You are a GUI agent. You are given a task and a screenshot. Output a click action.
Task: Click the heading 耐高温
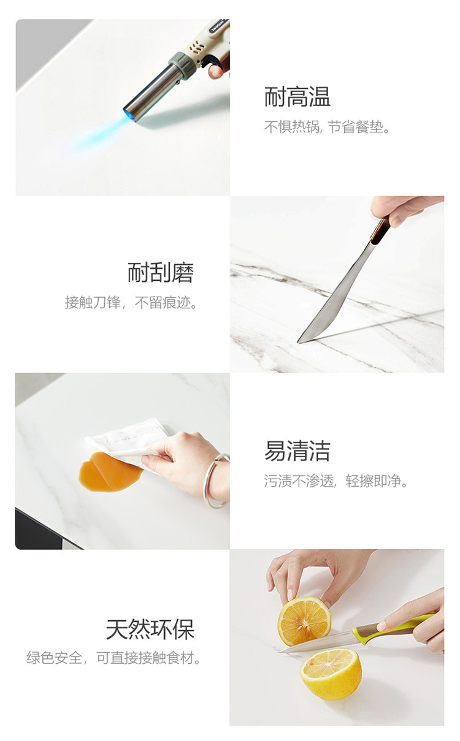coord(297,97)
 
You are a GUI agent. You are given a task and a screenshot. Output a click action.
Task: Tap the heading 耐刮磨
coord(161,273)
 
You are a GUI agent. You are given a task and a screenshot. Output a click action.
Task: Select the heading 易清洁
coord(297,450)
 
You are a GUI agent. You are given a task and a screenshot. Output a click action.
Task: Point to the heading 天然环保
coord(150,629)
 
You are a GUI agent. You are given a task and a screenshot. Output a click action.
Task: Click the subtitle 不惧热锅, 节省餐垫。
coord(327,127)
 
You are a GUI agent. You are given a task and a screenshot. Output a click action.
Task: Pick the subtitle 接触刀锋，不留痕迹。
coord(131,302)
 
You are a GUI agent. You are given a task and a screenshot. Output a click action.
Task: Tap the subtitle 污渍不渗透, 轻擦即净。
coord(336,481)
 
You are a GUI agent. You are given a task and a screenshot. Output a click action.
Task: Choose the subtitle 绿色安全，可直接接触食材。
coord(114,658)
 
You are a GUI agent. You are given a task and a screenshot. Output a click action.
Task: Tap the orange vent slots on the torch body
coord(196,47)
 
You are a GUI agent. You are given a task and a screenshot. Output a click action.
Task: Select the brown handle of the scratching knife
coord(380,229)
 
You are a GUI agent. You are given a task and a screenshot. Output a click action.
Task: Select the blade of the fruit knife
coord(316,643)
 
